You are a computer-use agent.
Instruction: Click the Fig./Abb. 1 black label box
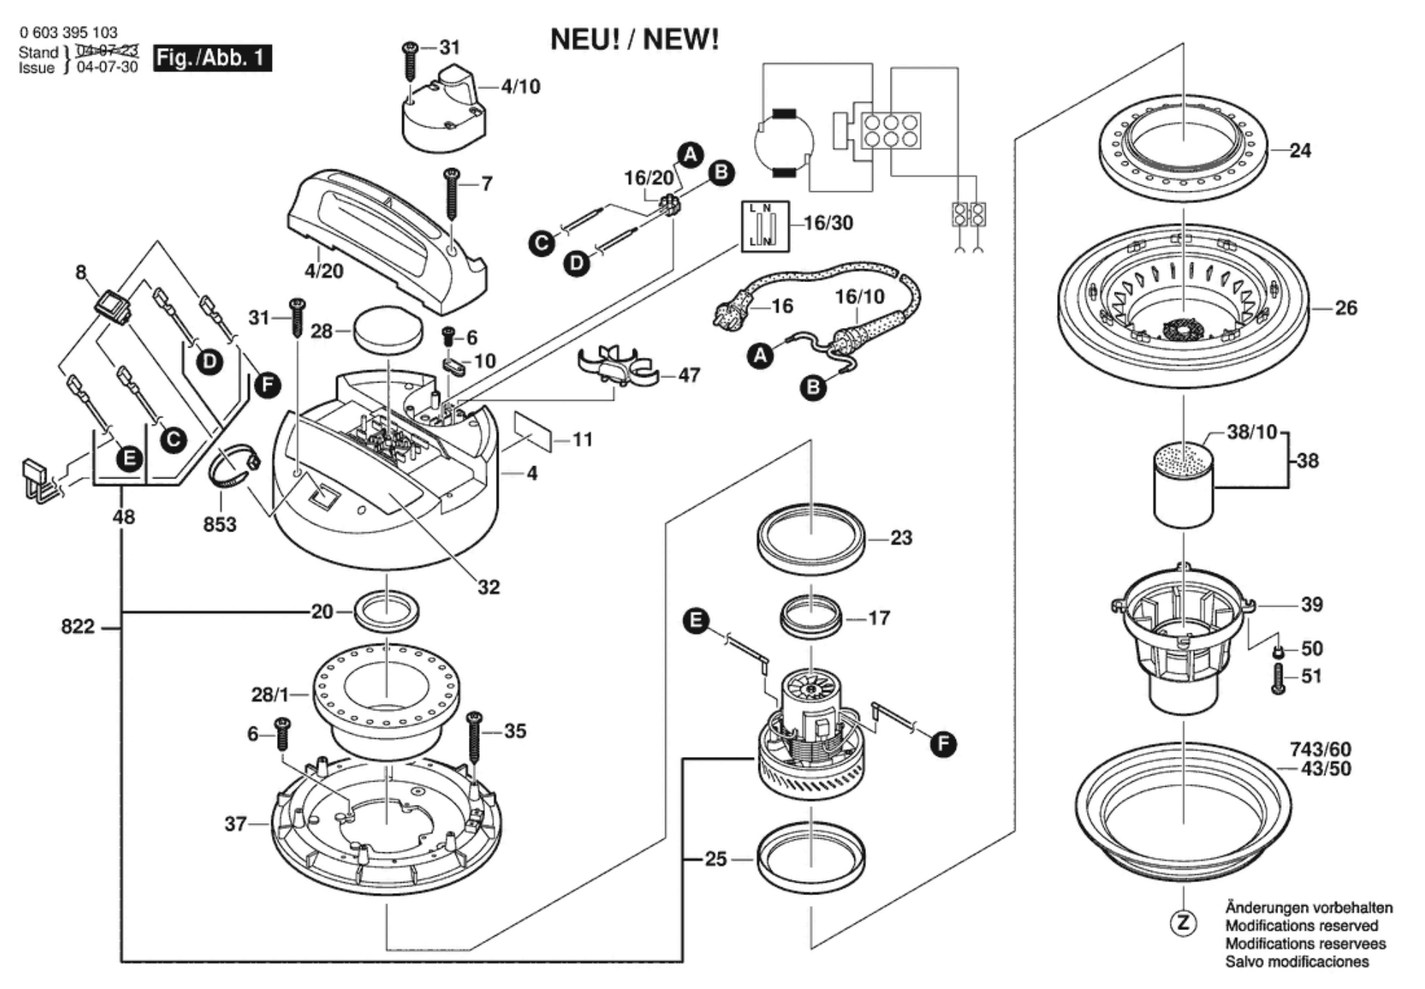click(x=212, y=58)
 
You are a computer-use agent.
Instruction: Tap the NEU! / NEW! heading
click(x=634, y=39)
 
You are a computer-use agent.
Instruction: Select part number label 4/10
click(x=521, y=87)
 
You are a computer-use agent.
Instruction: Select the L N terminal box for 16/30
click(x=765, y=227)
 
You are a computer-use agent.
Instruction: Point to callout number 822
click(x=78, y=626)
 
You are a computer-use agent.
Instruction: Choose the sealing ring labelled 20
click(x=387, y=611)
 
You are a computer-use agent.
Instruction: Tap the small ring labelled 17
click(x=811, y=617)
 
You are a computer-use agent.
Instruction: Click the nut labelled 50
click(x=1279, y=650)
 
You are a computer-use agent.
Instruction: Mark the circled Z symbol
click(x=1183, y=924)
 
